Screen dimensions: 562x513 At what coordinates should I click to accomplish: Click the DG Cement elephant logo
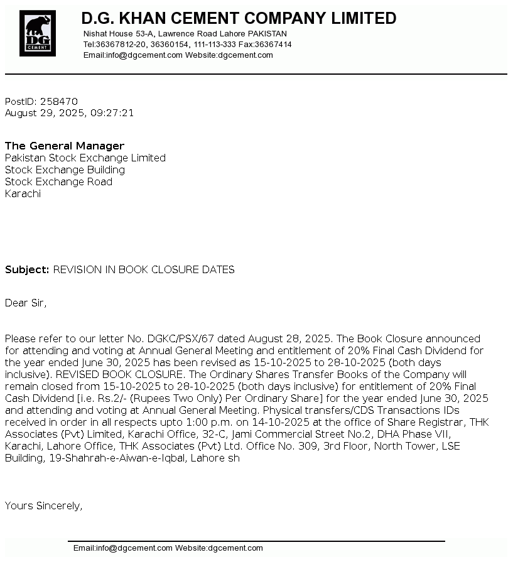point(38,33)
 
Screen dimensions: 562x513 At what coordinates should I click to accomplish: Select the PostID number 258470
point(59,102)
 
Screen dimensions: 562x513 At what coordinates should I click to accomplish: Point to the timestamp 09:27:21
point(112,114)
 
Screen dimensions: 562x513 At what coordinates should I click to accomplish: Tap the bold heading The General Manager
point(65,146)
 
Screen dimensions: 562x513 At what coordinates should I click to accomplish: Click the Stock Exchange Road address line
point(58,182)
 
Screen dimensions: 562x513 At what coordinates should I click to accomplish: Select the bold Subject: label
point(27,270)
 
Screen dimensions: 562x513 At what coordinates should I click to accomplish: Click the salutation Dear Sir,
point(26,303)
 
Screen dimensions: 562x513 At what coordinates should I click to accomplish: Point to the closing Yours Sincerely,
point(43,506)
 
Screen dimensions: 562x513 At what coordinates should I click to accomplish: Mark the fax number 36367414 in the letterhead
point(273,45)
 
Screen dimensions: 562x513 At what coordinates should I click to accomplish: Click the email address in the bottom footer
point(134,548)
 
